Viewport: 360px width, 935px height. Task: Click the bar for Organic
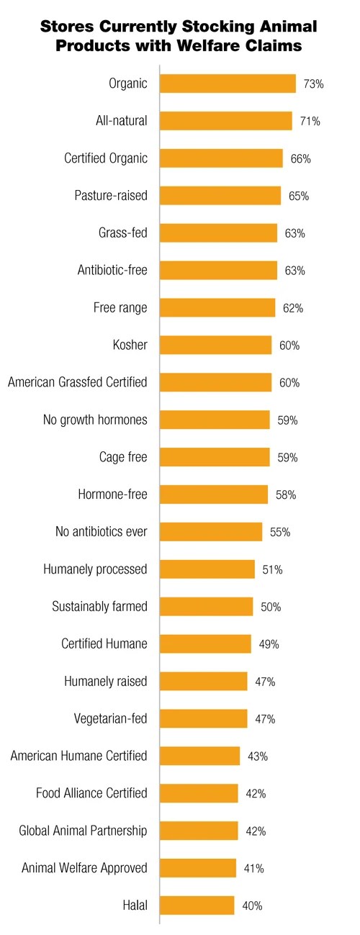pyautogui.click(x=228, y=83)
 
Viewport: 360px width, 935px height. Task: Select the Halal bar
pyautogui.click(x=197, y=905)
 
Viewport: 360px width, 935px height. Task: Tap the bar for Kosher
pyautogui.click(x=215, y=345)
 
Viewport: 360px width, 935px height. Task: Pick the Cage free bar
pyautogui.click(x=215, y=457)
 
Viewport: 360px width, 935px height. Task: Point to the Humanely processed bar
pyautogui.click(x=207, y=569)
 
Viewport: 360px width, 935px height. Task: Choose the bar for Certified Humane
pyautogui.click(x=205, y=643)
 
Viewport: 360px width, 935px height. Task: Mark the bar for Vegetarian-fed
pyautogui.click(x=203, y=718)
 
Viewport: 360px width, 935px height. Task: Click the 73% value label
pyautogui.click(x=313, y=84)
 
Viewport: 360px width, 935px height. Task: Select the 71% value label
pyautogui.click(x=310, y=121)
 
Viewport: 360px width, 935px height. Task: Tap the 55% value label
pyautogui.click(x=279, y=532)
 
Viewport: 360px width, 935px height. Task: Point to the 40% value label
pyautogui.click(x=252, y=905)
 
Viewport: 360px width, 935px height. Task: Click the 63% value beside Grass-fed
pyautogui.click(x=294, y=233)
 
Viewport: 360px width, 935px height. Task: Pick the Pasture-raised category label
pyautogui.click(x=111, y=196)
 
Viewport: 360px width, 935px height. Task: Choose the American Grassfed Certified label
pyautogui.click(x=78, y=382)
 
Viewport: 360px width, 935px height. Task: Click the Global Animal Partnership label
pyautogui.click(x=83, y=831)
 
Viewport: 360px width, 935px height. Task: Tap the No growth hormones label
pyautogui.click(x=95, y=420)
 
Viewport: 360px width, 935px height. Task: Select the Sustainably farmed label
pyautogui.click(x=99, y=607)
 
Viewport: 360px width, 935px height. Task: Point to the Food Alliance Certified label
pyautogui.click(x=91, y=793)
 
